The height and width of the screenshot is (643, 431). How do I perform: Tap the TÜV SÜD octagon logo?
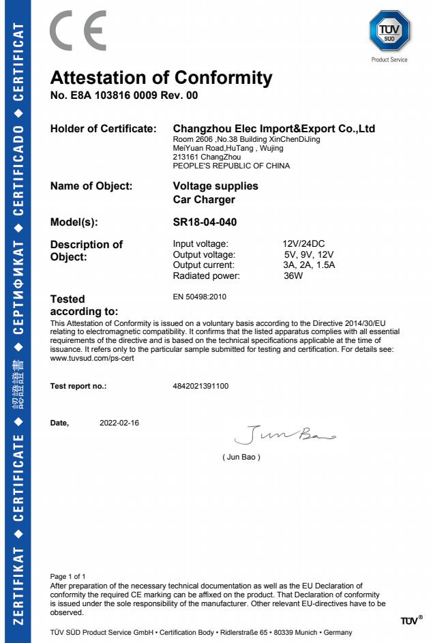(389, 31)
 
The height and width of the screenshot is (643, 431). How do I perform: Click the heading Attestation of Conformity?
(161, 77)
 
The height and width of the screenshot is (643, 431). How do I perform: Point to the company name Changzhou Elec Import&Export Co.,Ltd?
(274, 128)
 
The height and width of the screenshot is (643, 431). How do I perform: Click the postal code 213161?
(185, 157)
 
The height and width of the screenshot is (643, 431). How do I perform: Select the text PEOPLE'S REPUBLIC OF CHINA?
(232, 166)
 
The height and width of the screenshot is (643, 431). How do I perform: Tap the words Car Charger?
(205, 200)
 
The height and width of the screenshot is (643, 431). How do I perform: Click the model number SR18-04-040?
(205, 222)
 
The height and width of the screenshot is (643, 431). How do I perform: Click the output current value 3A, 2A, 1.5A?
(309, 265)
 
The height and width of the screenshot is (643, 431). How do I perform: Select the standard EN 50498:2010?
(200, 297)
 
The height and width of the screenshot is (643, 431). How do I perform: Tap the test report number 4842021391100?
(201, 386)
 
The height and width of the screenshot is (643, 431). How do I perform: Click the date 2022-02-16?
(119, 423)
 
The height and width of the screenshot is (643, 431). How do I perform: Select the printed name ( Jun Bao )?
(241, 456)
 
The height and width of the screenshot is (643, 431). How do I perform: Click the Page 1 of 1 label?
(68, 577)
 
